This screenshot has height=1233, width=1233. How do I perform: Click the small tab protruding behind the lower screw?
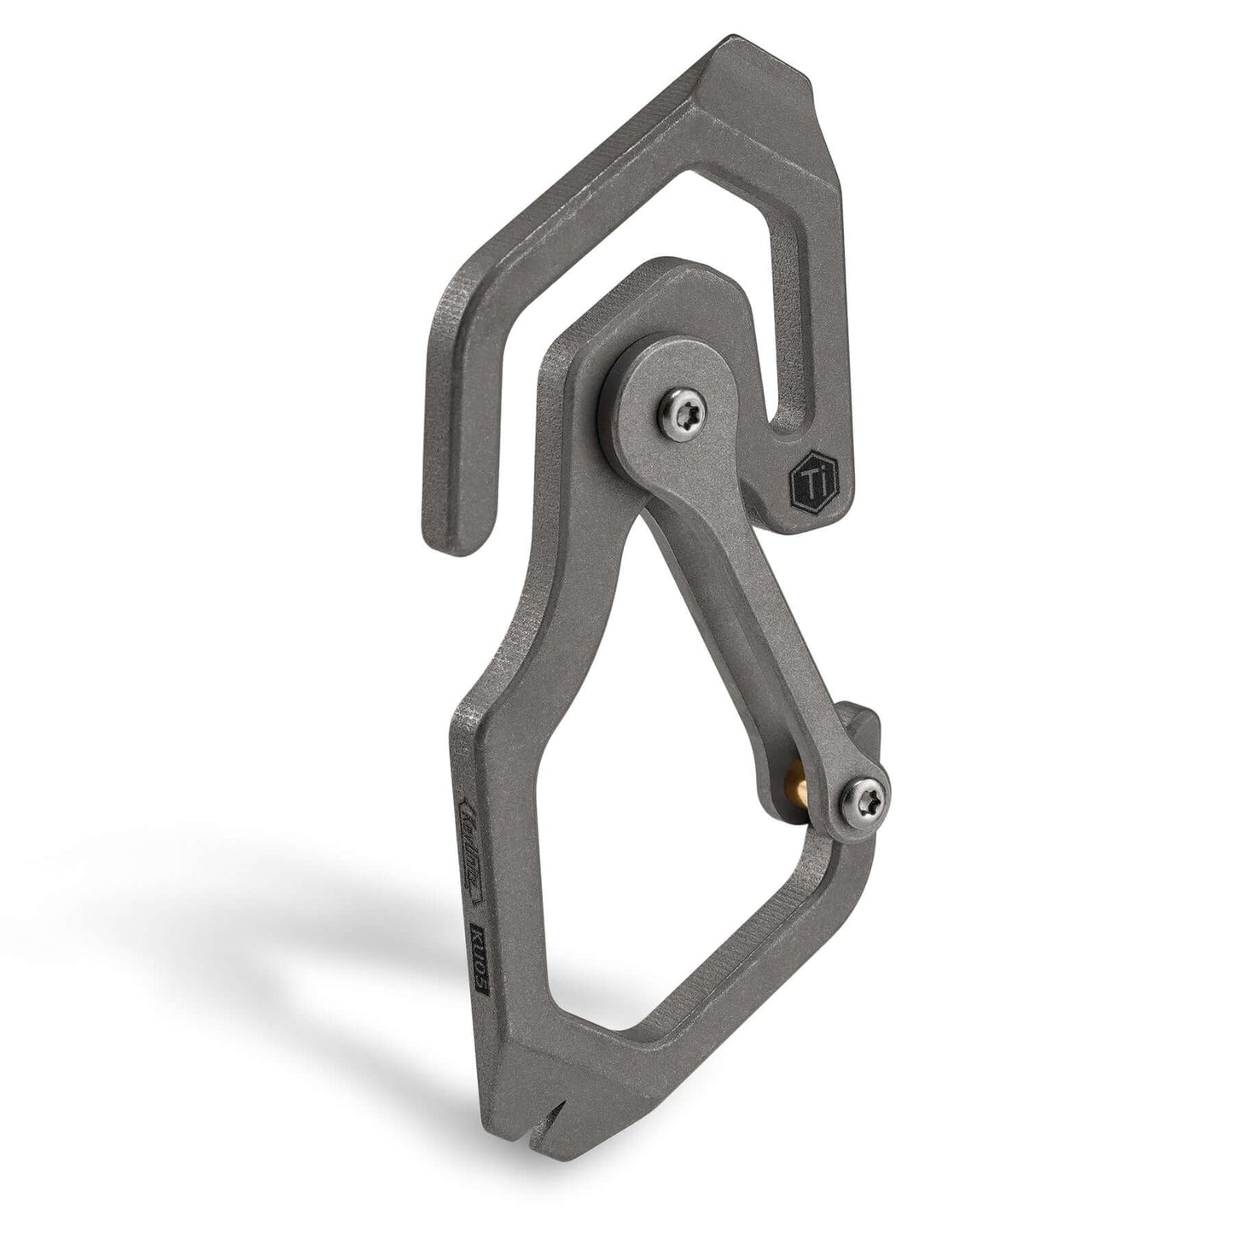click(x=864, y=722)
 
